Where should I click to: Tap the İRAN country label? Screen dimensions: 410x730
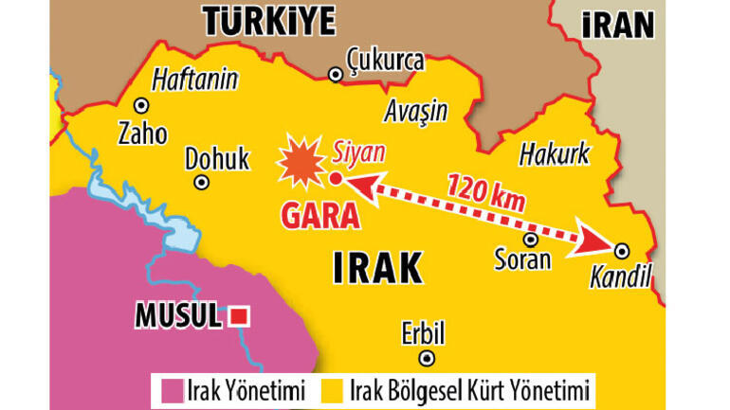coord(619,24)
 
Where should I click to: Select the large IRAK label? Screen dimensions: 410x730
coord(376,269)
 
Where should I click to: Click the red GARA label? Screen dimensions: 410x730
coord(320,216)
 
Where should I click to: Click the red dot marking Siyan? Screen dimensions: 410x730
coord(336,178)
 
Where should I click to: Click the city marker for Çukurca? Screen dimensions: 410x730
coord(334,75)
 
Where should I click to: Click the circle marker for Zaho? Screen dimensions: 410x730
coord(142,106)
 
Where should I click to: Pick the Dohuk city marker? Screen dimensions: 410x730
coord(201,183)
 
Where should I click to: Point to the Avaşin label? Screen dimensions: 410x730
coord(415,112)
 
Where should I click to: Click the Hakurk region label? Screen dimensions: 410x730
coord(555,153)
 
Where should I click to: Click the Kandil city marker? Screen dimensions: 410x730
coord(622,250)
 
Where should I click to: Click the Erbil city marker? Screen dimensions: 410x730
coord(428,358)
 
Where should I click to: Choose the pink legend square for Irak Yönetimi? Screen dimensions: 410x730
coord(172,389)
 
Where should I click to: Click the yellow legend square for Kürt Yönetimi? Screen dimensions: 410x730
coord(334,389)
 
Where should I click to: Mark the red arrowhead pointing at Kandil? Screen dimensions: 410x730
coord(596,244)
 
